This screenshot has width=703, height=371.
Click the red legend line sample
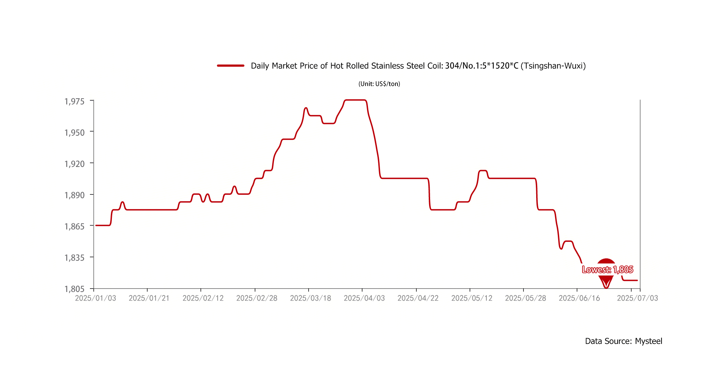pyautogui.click(x=231, y=66)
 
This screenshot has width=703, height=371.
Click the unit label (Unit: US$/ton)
pyautogui.click(x=379, y=84)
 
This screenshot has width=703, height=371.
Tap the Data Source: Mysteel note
pyautogui.click(x=623, y=341)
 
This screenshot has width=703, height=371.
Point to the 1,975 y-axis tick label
pyautogui.click(x=74, y=101)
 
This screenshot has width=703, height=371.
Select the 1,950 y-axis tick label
pyautogui.click(x=74, y=132)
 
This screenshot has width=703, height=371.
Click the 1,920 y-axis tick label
pyautogui.click(x=74, y=164)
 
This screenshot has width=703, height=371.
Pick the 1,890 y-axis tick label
pyautogui.click(x=74, y=195)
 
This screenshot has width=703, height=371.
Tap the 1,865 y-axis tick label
pyautogui.click(x=74, y=226)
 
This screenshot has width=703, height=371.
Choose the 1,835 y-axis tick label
pyautogui.click(x=74, y=258)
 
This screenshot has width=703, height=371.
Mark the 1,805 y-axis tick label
pyautogui.click(x=74, y=289)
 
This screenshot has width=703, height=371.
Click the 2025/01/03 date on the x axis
pyautogui.click(x=95, y=298)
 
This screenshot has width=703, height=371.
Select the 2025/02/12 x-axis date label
pyautogui.click(x=203, y=298)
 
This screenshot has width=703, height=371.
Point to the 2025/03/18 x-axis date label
pyautogui.click(x=310, y=298)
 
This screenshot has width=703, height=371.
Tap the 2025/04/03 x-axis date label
pyautogui.click(x=364, y=298)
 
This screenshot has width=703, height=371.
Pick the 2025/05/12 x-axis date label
pyautogui.click(x=472, y=298)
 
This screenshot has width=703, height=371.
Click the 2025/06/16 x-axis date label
pyautogui.click(x=579, y=298)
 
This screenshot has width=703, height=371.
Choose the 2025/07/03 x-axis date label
pyautogui.click(x=637, y=298)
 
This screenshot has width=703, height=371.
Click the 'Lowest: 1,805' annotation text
pyautogui.click(x=608, y=270)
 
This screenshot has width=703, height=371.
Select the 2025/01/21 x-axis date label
pyautogui.click(x=149, y=298)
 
